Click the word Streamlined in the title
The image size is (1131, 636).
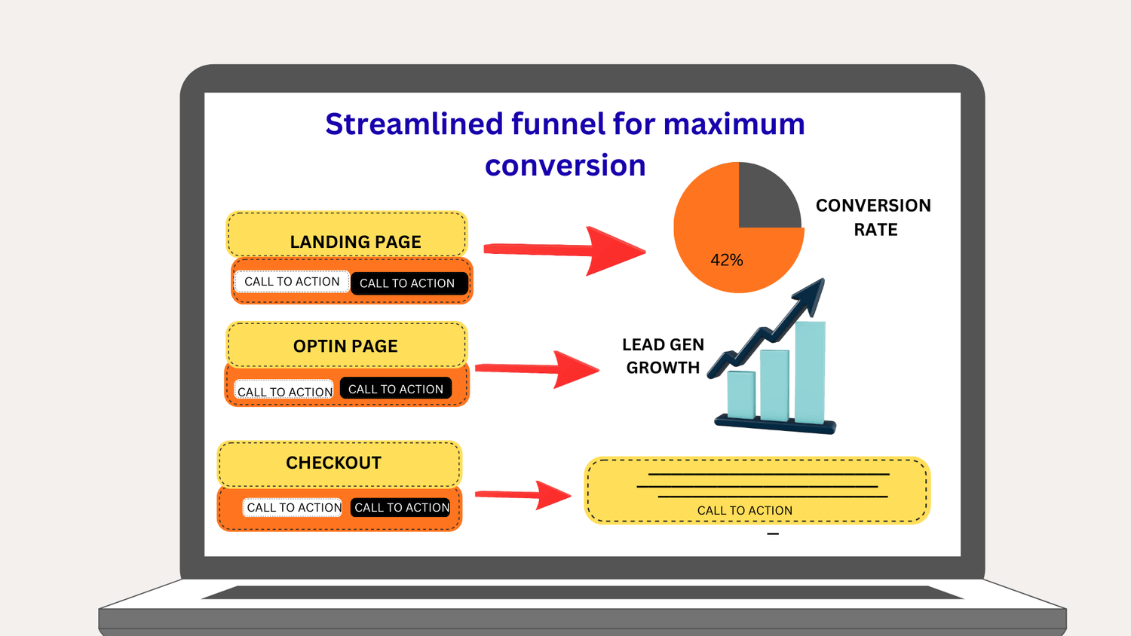[x=413, y=124]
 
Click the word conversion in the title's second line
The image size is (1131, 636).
[x=565, y=166]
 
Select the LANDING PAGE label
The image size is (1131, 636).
[x=355, y=242]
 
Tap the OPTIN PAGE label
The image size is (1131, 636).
[x=345, y=346]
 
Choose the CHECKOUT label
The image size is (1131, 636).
[x=333, y=463]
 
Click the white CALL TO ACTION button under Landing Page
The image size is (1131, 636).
[x=292, y=282]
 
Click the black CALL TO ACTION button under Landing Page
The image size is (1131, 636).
[x=407, y=283]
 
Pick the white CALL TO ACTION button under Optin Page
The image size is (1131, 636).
[x=284, y=391]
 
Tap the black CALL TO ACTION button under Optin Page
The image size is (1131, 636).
[x=396, y=389]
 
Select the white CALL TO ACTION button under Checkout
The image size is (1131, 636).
[x=293, y=508]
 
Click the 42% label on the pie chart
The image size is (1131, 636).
[x=727, y=260]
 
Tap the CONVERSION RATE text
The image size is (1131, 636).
[x=874, y=217]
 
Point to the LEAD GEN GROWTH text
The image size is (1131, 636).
[x=663, y=356]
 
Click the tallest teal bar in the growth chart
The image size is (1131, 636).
[x=811, y=372]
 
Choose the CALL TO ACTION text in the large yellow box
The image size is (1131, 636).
[x=744, y=511]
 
